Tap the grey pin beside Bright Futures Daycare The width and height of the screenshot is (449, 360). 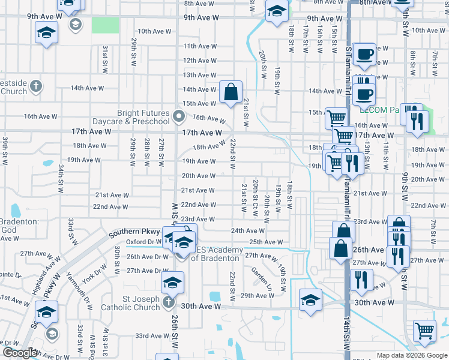coord(178,116)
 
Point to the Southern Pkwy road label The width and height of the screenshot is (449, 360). coord(134,232)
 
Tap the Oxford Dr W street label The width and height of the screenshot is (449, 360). coord(145,242)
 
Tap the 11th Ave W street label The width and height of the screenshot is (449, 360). coord(200,46)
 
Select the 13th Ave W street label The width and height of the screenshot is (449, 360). coord(200,75)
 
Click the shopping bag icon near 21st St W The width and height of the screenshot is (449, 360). coord(231,92)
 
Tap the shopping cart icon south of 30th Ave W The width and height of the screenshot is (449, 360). coord(424,331)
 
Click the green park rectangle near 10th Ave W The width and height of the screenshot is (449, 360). coord(105,25)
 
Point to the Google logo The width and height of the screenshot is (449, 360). coord(19,353)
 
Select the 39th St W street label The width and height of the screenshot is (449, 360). coord(5,150)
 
